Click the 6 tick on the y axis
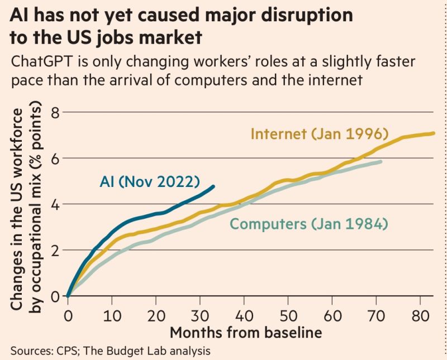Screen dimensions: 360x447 [x=55, y=159]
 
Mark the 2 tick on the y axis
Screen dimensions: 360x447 [x=55, y=251]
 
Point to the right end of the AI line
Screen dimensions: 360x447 [x=213, y=186]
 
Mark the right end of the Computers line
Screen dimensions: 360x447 [x=381, y=161]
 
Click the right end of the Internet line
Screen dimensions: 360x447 [x=435, y=133]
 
